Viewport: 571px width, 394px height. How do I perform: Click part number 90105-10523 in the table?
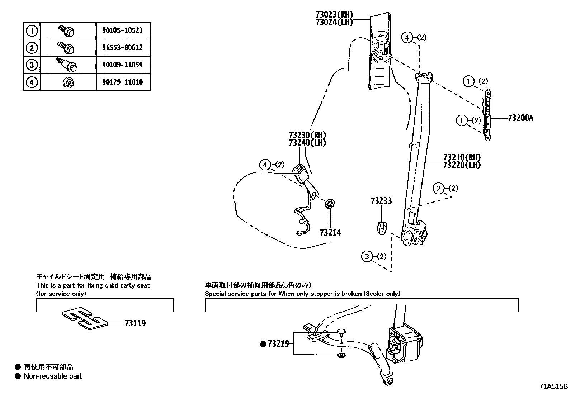[x=123, y=30]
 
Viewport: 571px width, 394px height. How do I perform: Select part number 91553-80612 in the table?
[x=123, y=48]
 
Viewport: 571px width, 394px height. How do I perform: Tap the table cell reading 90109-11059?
[x=123, y=65]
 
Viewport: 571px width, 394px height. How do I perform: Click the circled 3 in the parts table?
[x=32, y=65]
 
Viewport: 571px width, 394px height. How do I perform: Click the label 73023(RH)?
[x=334, y=15]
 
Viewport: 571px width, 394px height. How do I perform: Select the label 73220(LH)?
[x=462, y=165]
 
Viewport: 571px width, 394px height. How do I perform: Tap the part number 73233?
[x=381, y=201]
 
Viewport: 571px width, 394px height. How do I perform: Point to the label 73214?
[x=330, y=233]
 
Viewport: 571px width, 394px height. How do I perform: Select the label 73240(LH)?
[x=307, y=143]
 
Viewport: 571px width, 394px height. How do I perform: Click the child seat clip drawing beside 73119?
[x=85, y=318]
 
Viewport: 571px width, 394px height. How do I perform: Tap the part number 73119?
[x=135, y=323]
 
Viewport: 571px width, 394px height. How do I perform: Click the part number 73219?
[x=278, y=344]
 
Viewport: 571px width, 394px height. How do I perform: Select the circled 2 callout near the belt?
[x=439, y=189]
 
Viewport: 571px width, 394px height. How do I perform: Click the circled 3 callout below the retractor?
[x=367, y=257]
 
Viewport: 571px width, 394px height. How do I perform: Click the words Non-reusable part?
[x=52, y=376]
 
